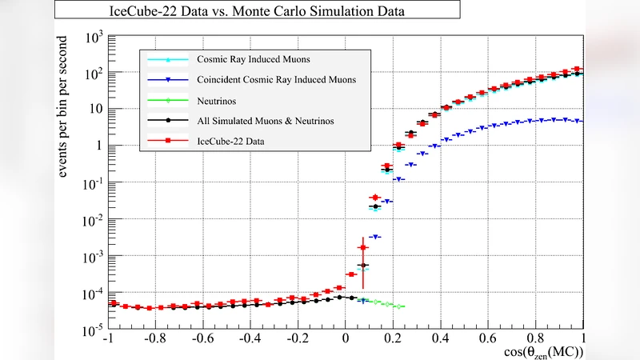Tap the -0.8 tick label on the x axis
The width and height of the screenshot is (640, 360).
(x=156, y=338)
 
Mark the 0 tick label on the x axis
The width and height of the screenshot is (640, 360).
(x=346, y=338)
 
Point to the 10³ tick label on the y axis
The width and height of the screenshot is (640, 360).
(x=93, y=37)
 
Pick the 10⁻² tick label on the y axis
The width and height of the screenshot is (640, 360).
(x=93, y=220)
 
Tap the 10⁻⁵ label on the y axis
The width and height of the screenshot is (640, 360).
(x=93, y=329)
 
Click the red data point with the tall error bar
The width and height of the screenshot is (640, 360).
(x=362, y=249)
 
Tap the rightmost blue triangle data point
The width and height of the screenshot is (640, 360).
(x=578, y=122)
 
